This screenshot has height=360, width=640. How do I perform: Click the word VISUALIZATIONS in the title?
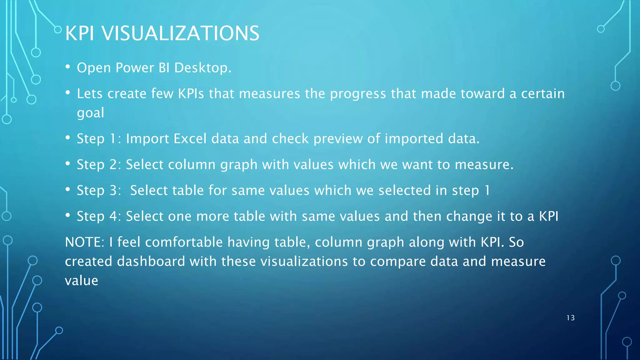point(180,33)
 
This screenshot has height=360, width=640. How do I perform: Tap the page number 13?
point(570,318)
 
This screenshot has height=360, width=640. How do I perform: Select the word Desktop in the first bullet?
point(202,68)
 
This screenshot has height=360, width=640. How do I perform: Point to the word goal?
point(90,113)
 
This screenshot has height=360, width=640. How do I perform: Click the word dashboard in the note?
point(151,261)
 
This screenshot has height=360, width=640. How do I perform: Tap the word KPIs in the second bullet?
point(191,94)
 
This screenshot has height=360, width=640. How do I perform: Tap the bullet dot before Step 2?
point(68,163)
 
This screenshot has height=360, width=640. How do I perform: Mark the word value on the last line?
point(82,281)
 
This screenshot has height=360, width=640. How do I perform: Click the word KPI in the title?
point(80,33)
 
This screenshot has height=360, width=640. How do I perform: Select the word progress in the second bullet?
point(358,94)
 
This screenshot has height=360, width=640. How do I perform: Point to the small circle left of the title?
point(58,30)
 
